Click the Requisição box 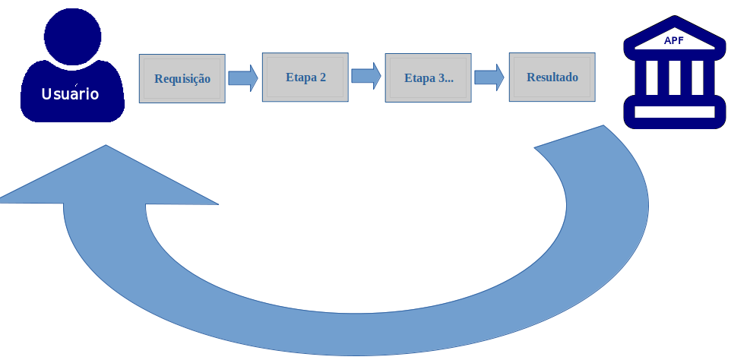[x=182, y=78]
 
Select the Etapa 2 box [x=305, y=77]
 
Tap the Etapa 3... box [x=429, y=77]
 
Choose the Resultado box [x=552, y=77]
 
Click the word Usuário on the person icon [x=70, y=95]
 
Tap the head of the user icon [x=72, y=34]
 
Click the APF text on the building [x=674, y=41]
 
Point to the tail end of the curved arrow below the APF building [x=578, y=141]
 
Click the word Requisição [x=182, y=78]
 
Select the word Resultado [x=552, y=77]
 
